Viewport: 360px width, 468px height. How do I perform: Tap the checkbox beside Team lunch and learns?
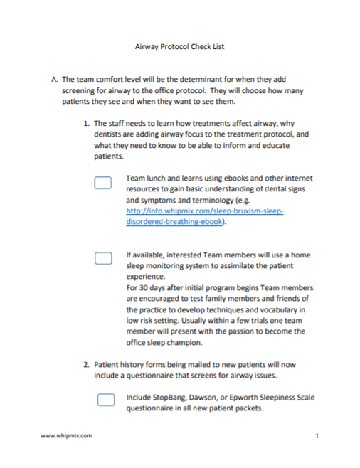104,183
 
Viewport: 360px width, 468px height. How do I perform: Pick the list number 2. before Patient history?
87,365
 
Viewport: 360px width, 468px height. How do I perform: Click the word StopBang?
172,397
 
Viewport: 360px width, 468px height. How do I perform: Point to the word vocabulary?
272,309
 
